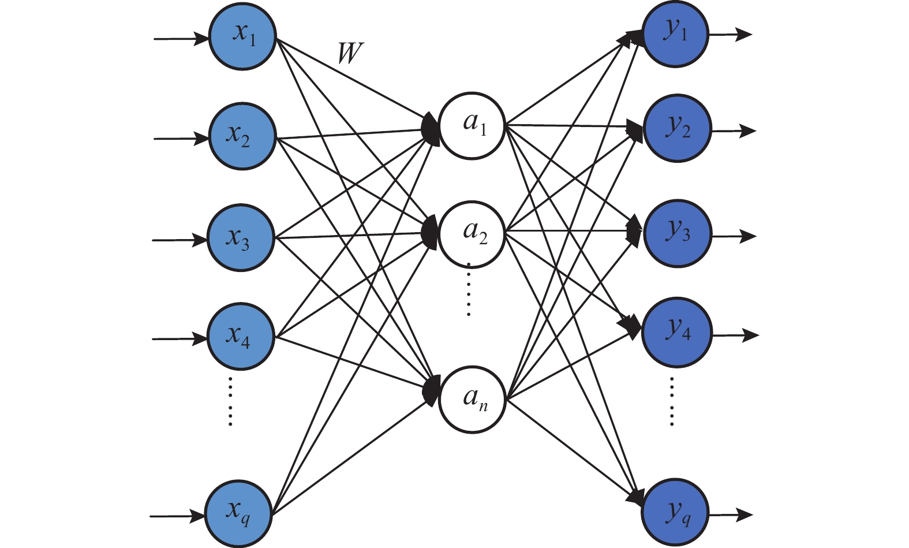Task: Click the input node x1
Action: click(x=242, y=36)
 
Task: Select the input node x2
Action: click(x=241, y=136)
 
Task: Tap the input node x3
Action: click(x=240, y=237)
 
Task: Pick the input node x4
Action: click(x=241, y=336)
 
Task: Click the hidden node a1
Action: click(x=472, y=125)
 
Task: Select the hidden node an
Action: click(x=472, y=399)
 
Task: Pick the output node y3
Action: click(x=678, y=233)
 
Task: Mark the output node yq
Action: click(x=676, y=513)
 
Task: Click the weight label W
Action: click(x=350, y=54)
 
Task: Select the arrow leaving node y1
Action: click(x=730, y=35)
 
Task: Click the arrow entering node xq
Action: click(x=177, y=515)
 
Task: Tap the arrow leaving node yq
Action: click(x=731, y=515)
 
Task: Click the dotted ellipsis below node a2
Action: click(x=469, y=290)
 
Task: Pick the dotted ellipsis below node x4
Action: click(x=230, y=401)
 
